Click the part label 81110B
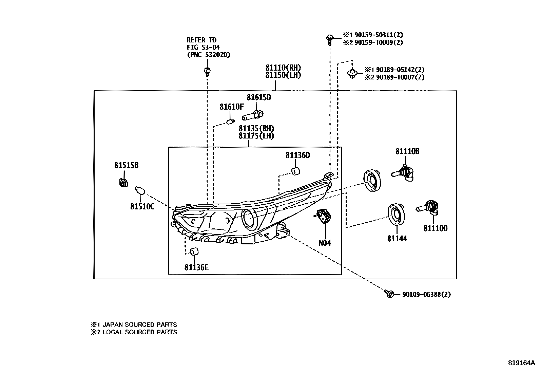(x=407, y=152)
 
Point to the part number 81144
(x=397, y=239)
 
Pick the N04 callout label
(x=325, y=243)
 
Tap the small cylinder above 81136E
(x=194, y=252)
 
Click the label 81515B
(x=126, y=166)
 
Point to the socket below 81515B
(x=123, y=183)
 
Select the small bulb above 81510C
(x=140, y=191)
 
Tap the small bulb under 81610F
(x=231, y=121)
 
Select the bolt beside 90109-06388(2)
(x=389, y=294)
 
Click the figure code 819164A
(x=521, y=363)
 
